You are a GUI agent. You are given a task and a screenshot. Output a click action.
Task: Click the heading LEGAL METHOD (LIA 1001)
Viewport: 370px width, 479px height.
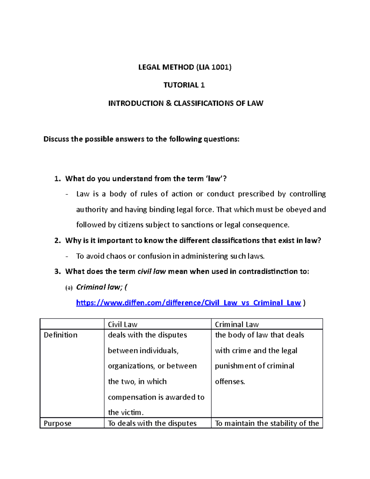pyautogui.click(x=185, y=67)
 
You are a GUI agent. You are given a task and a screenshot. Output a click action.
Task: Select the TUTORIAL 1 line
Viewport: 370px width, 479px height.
pyautogui.click(x=184, y=85)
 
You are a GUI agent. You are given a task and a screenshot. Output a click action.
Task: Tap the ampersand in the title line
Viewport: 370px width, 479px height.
pyautogui.click(x=168, y=103)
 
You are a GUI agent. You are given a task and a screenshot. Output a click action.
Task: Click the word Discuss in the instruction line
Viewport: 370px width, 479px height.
pyautogui.click(x=56, y=139)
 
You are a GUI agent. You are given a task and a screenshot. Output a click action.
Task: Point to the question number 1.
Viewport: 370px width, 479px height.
pyautogui.click(x=57, y=179)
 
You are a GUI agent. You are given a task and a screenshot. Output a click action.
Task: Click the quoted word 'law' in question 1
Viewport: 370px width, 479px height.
pyautogui.click(x=214, y=179)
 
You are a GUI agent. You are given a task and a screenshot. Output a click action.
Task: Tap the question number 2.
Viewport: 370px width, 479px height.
pyautogui.click(x=57, y=241)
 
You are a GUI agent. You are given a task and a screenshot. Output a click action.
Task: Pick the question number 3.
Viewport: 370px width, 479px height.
pyautogui.click(x=57, y=271)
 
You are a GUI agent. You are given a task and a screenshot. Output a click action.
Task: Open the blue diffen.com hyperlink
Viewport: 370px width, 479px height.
pyautogui.click(x=188, y=303)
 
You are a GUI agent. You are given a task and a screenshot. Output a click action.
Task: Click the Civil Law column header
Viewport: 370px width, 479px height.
pyautogui.click(x=122, y=324)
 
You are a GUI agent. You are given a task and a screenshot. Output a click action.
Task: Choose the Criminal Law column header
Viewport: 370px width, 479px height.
pyautogui.click(x=237, y=324)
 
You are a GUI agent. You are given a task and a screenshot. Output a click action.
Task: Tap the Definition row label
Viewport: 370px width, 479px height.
pyautogui.click(x=60, y=335)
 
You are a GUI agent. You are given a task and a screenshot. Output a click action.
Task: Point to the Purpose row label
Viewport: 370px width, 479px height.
pyautogui.click(x=57, y=423)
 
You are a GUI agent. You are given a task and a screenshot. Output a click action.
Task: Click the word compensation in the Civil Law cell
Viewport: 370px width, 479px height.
pyautogui.click(x=128, y=397)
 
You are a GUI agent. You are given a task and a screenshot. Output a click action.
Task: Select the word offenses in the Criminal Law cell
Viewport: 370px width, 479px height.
pyautogui.click(x=230, y=382)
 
